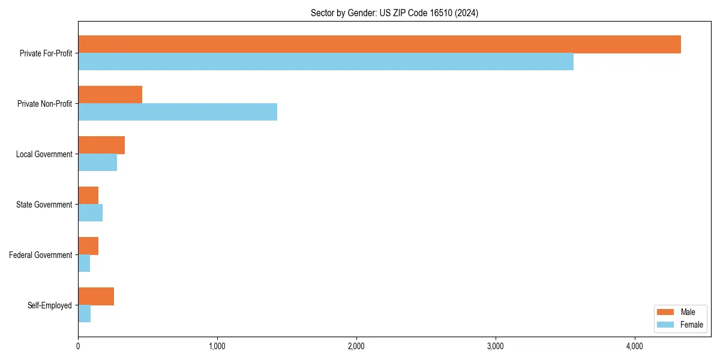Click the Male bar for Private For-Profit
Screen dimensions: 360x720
click(x=379, y=44)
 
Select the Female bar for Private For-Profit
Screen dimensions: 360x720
click(x=326, y=62)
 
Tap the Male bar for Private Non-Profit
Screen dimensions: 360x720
click(x=110, y=95)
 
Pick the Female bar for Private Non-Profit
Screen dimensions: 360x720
click(x=178, y=112)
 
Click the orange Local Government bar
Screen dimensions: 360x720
click(x=101, y=145)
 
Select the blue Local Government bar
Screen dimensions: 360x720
click(x=97, y=163)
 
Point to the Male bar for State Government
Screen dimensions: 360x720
click(x=88, y=196)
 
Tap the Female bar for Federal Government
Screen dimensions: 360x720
click(x=84, y=263)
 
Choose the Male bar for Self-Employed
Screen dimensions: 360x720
click(x=96, y=296)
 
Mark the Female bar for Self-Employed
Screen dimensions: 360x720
click(x=84, y=314)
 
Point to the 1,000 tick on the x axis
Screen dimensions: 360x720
click(x=217, y=346)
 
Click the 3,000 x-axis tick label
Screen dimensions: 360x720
click(x=496, y=346)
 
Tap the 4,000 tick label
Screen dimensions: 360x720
click(x=635, y=346)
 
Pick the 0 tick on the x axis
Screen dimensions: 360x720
click(x=78, y=346)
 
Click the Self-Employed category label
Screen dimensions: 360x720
click(x=50, y=305)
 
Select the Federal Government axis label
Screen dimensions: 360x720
click(x=41, y=255)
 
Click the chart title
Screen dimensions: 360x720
click(x=394, y=13)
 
